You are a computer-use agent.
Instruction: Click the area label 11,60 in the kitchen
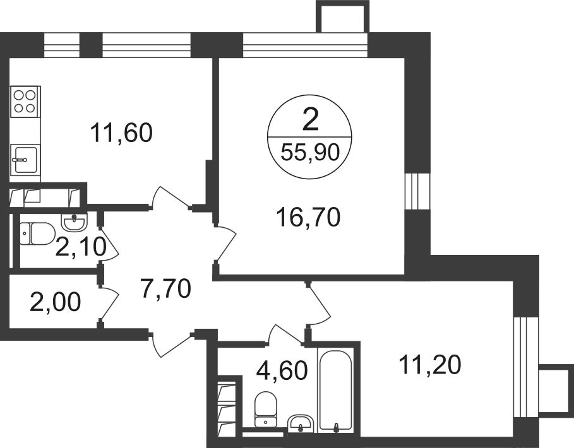(x=121, y=133)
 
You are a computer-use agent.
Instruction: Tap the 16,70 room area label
(x=309, y=217)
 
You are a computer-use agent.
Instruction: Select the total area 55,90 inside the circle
(x=310, y=152)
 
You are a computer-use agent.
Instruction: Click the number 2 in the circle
(x=311, y=121)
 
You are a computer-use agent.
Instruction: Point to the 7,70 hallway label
(x=166, y=288)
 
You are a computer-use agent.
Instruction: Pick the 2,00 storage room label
(x=56, y=302)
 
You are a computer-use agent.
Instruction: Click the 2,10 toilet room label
(x=81, y=247)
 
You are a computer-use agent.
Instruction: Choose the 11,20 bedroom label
(x=430, y=365)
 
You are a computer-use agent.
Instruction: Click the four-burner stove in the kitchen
(x=25, y=102)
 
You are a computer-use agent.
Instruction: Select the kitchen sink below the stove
(x=25, y=160)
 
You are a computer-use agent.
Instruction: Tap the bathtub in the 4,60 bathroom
(x=335, y=389)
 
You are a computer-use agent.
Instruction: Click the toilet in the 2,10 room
(x=37, y=233)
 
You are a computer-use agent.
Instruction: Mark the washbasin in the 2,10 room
(x=75, y=223)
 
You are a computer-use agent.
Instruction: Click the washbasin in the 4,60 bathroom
(x=301, y=424)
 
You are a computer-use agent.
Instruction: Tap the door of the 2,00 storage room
(x=109, y=303)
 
